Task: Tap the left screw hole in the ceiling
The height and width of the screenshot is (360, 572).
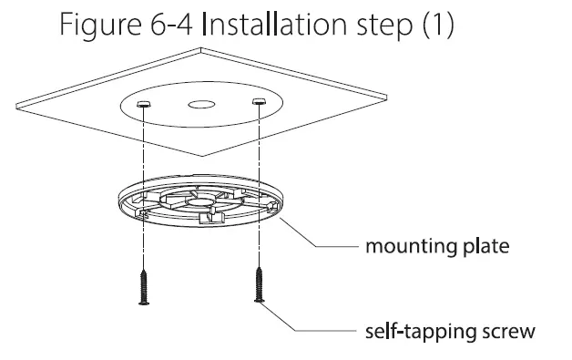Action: (143, 106)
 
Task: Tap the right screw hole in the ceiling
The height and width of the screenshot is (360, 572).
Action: (259, 102)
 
